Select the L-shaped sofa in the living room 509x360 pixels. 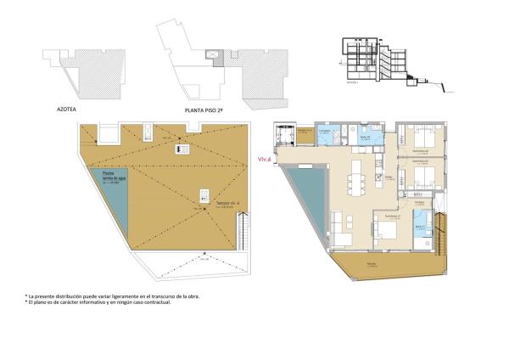(344, 226)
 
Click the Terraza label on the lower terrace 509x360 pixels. (372, 267)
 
